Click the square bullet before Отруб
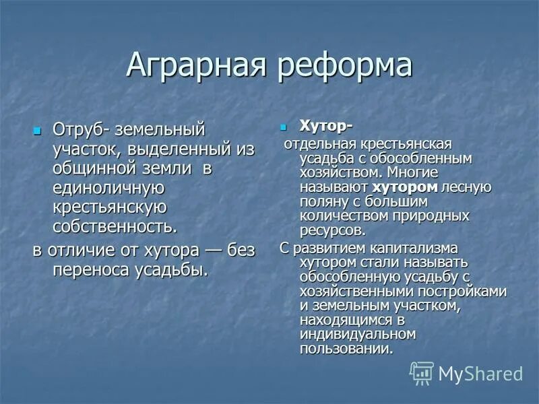point(38,129)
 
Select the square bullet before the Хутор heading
point(284,127)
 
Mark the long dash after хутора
point(216,250)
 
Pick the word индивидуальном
point(358,335)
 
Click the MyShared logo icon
point(422,372)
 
